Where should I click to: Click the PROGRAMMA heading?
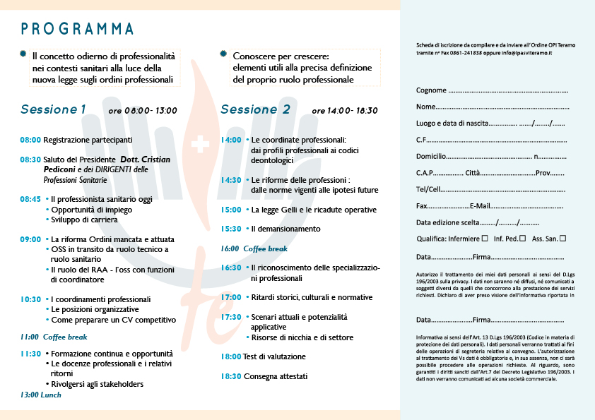coord(77,29)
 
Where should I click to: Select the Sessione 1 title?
coord(53,109)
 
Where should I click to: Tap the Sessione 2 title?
coord(255,109)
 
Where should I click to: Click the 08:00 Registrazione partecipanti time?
coord(30,140)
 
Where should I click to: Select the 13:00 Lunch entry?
coord(41,395)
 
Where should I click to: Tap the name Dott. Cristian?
coord(145,160)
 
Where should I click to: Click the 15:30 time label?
coord(231,229)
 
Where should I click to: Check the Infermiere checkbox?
coord(484,239)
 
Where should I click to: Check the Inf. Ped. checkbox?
coord(522,239)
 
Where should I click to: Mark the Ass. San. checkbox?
coord(563,239)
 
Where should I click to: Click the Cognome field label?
coord(431,90)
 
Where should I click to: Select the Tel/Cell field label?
coord(428,189)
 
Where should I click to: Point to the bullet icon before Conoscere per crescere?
coord(224,55)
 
